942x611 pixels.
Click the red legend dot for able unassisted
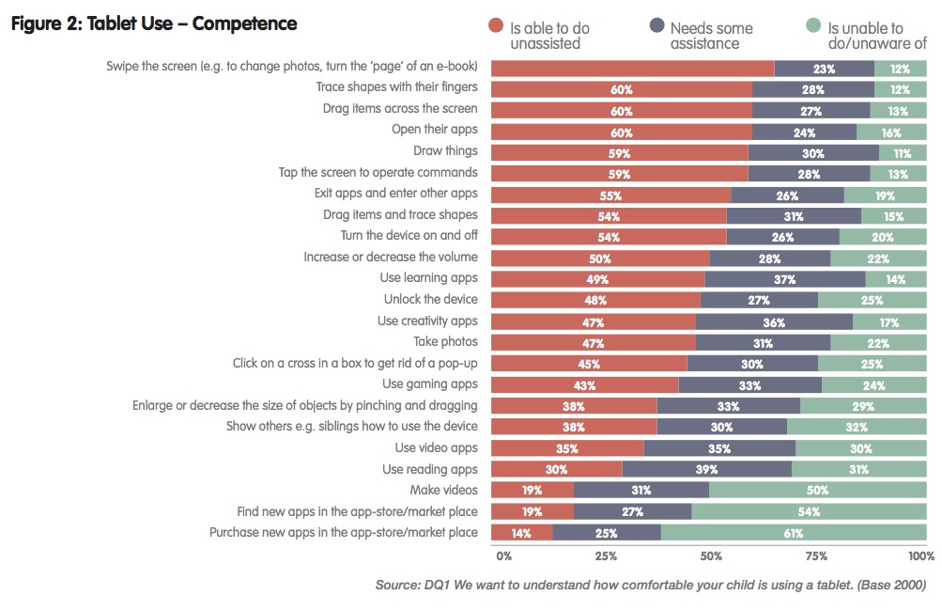(x=497, y=27)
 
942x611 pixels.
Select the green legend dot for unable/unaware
(x=814, y=27)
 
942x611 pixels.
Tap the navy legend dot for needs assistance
(x=656, y=27)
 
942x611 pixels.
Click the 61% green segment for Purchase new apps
(x=794, y=533)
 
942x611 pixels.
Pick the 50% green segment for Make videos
(x=817, y=490)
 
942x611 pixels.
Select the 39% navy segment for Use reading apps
(x=706, y=469)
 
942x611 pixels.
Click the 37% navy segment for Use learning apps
(x=785, y=278)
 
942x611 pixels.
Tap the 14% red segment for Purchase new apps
(x=521, y=533)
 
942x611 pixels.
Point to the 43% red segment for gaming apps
(x=584, y=384)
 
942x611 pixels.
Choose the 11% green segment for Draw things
(x=903, y=151)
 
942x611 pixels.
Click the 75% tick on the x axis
(x=816, y=556)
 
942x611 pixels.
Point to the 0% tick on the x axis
(x=503, y=556)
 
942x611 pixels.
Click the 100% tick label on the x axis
(x=921, y=556)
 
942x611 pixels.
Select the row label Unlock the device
(x=430, y=299)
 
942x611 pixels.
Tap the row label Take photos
(x=445, y=341)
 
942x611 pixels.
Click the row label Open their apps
(x=434, y=130)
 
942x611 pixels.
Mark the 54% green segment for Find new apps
(x=809, y=511)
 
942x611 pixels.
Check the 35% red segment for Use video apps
(x=567, y=447)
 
